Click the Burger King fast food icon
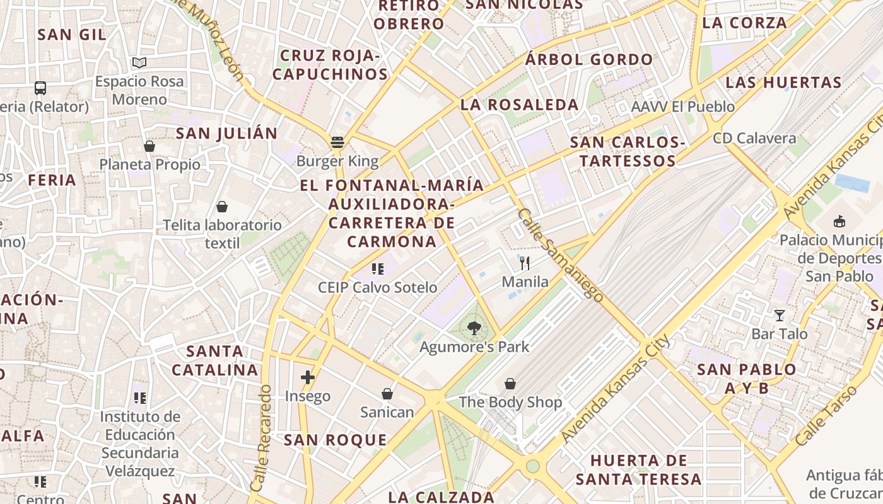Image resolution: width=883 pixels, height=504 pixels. coord(337,142)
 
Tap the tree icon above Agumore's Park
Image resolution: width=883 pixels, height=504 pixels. coord(474,328)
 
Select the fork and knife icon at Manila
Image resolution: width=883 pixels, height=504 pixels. coord(525,263)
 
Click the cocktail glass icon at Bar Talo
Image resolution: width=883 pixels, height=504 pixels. coord(780,315)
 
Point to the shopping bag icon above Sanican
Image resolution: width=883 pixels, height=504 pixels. coord(387,394)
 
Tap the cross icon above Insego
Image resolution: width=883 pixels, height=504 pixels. coord(308,377)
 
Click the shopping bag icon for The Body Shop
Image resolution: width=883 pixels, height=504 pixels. coord(510,383)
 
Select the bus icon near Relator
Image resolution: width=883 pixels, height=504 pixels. coord(40,88)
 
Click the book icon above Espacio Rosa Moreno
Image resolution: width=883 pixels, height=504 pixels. coord(139,62)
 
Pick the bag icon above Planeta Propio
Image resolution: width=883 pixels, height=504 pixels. coord(149,146)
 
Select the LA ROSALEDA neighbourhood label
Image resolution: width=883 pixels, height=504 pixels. coord(520,105)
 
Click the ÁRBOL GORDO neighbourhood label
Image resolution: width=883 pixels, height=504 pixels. coord(589,60)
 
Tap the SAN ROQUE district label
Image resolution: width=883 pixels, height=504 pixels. coord(335,440)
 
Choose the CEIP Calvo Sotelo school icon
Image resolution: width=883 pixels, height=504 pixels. coord(378,269)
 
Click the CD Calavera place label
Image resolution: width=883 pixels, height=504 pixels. coord(754,138)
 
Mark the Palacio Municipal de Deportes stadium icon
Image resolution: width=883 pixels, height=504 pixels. coord(839,221)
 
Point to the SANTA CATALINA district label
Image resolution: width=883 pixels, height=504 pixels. coord(215,360)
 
